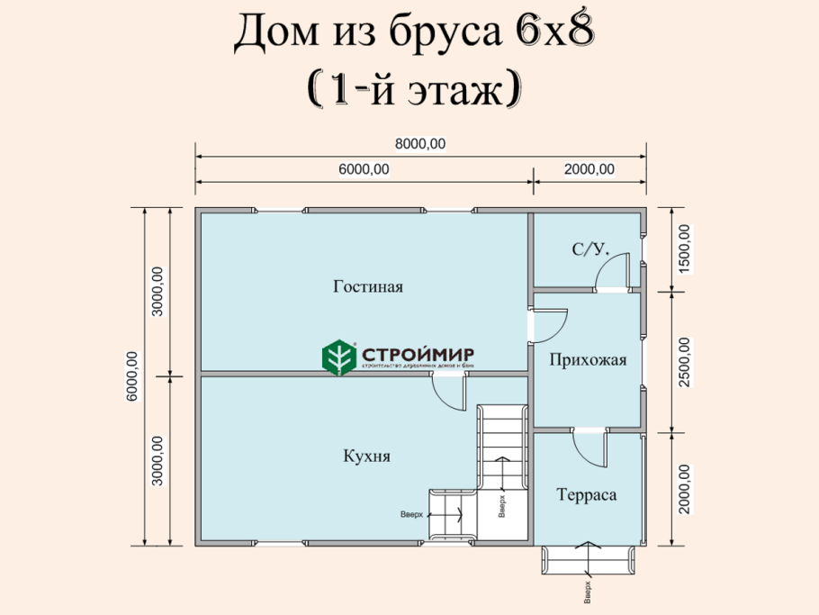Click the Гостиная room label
[367, 287]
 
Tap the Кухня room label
[366, 457]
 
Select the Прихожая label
[587, 360]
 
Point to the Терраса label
[586, 495]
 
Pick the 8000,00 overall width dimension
[420, 143]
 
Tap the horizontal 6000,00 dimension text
[364, 169]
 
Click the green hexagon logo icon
[339, 357]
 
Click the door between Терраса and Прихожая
[591, 447]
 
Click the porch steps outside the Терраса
[589, 560]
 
